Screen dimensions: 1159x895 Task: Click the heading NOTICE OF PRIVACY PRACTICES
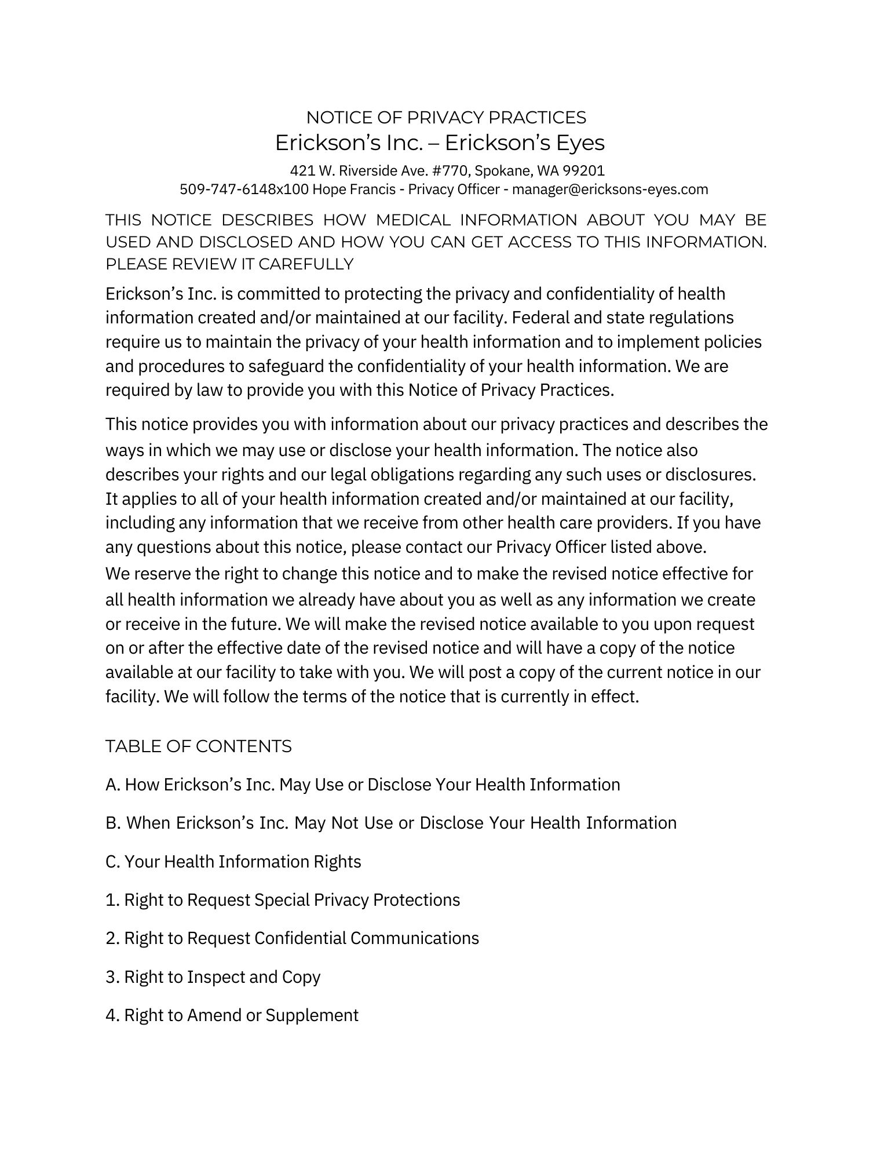[446, 118]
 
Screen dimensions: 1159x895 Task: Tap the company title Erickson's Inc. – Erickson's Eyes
[440, 143]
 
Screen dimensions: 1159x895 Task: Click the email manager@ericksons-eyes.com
[610, 189]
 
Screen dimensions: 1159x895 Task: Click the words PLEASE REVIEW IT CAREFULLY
[229, 264]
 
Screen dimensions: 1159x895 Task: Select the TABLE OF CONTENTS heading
[199, 746]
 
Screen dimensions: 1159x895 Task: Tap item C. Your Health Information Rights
[233, 862]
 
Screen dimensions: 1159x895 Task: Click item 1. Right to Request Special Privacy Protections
[283, 900]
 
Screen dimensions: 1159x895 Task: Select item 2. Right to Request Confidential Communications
[293, 938]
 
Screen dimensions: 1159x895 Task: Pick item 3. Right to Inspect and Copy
[213, 977]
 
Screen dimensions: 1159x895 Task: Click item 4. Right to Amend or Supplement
[232, 1015]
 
